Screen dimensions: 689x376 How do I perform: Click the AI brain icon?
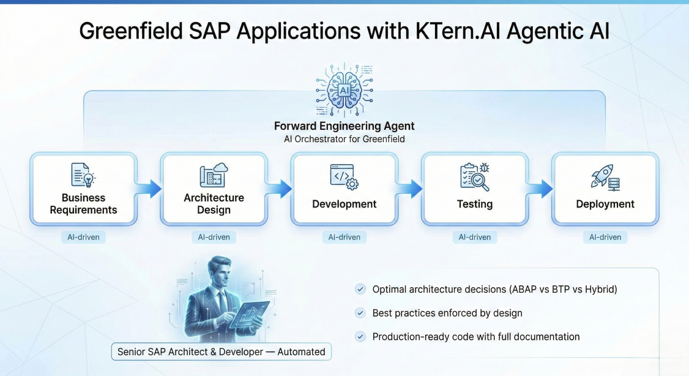pos(344,90)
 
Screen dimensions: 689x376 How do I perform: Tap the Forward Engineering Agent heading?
pos(344,126)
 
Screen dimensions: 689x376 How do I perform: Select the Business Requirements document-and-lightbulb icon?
pos(83,175)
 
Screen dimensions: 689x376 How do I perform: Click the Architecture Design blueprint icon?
pos(214,175)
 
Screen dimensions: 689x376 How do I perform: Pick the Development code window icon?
pos(344,177)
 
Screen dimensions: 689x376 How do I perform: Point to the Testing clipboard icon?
pos(475,177)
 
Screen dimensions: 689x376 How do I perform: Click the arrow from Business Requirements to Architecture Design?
pos(149,189)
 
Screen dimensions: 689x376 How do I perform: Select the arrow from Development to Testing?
pos(409,189)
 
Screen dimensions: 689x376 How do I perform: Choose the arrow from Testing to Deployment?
pos(540,189)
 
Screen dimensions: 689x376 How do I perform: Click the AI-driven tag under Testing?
pos(475,237)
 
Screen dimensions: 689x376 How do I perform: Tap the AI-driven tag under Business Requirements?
pos(83,237)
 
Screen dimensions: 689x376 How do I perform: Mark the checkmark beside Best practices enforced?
pos(360,313)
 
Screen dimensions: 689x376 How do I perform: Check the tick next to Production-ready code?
pos(360,336)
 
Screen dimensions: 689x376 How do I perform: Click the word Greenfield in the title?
pos(131,31)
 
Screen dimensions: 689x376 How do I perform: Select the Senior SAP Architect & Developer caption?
pos(222,352)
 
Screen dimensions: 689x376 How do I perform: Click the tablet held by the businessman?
pos(248,315)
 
